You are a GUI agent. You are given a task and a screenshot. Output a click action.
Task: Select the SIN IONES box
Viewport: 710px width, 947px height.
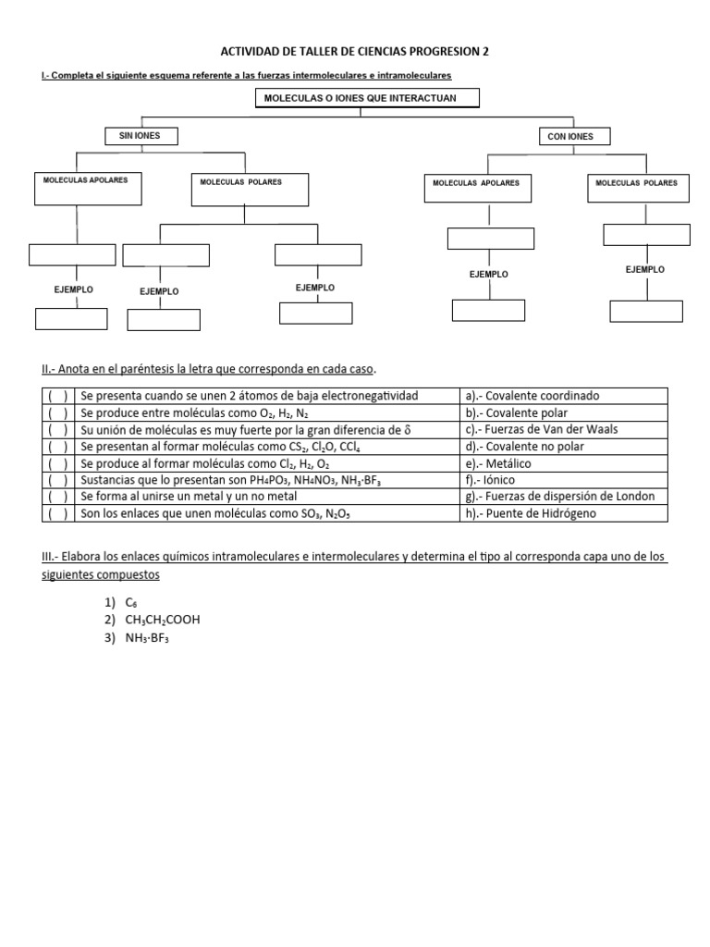140,136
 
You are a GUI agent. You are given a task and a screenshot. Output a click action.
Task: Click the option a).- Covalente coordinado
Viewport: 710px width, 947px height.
532,396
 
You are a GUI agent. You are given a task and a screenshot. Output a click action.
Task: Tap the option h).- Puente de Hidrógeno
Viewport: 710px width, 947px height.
531,513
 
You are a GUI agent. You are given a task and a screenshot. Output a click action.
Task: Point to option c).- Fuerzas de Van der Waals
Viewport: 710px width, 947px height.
542,429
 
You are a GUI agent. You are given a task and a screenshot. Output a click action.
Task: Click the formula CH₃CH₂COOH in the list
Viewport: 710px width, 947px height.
162,620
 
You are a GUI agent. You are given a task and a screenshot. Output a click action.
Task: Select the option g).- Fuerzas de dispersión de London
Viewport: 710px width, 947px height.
560,497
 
